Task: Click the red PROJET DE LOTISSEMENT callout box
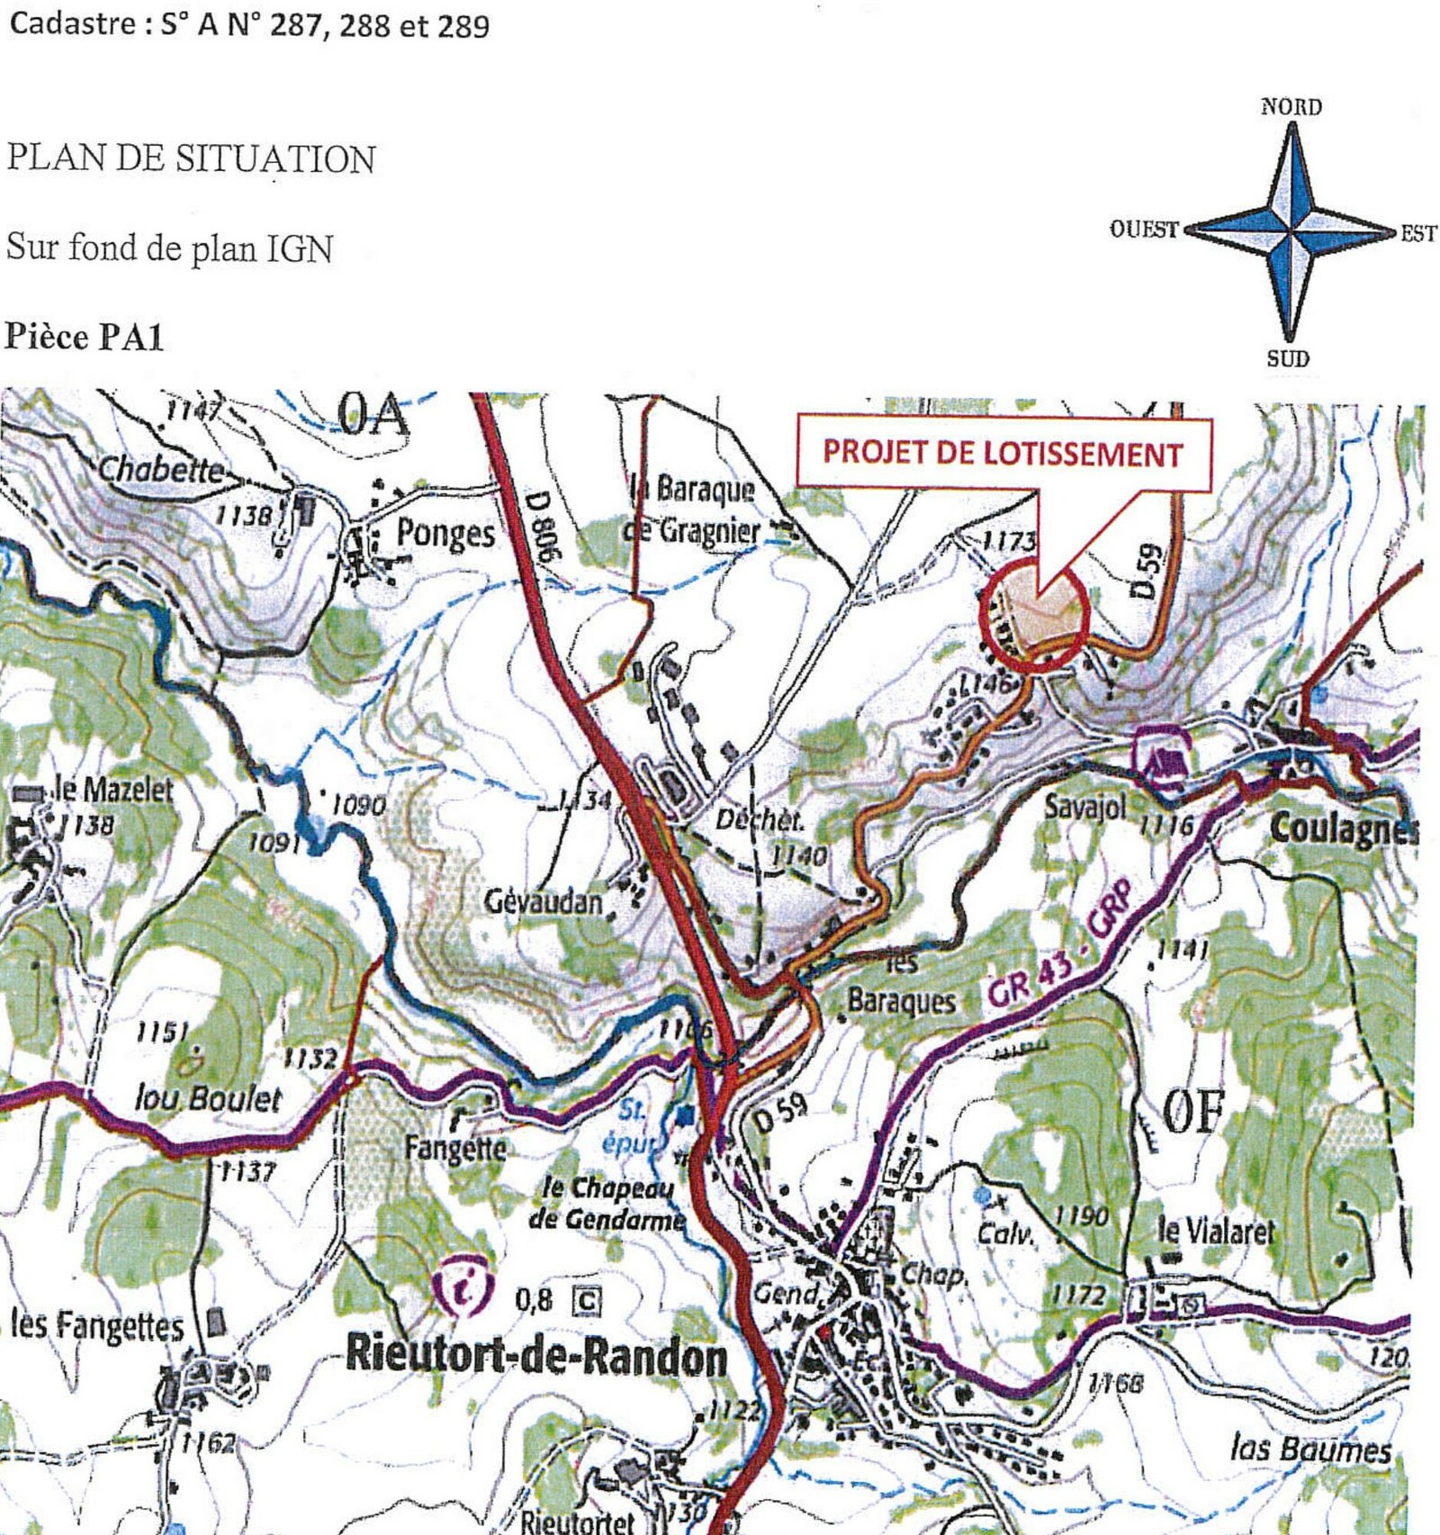pos(1003,453)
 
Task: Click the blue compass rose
pos(1290,232)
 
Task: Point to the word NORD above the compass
pos(1291,107)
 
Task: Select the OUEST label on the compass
pos(1144,230)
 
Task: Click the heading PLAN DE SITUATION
pos(191,159)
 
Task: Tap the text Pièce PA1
pos(85,338)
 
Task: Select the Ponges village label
pos(445,533)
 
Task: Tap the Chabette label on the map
pos(160,469)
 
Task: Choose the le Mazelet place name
pos(113,790)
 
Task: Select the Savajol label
pos(1084,806)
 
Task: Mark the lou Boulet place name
pos(208,1099)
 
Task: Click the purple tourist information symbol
pos(463,1290)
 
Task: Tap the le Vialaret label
pos(1216,1231)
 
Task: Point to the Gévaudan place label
pos(543,901)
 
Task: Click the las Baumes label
pos(1310,1449)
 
